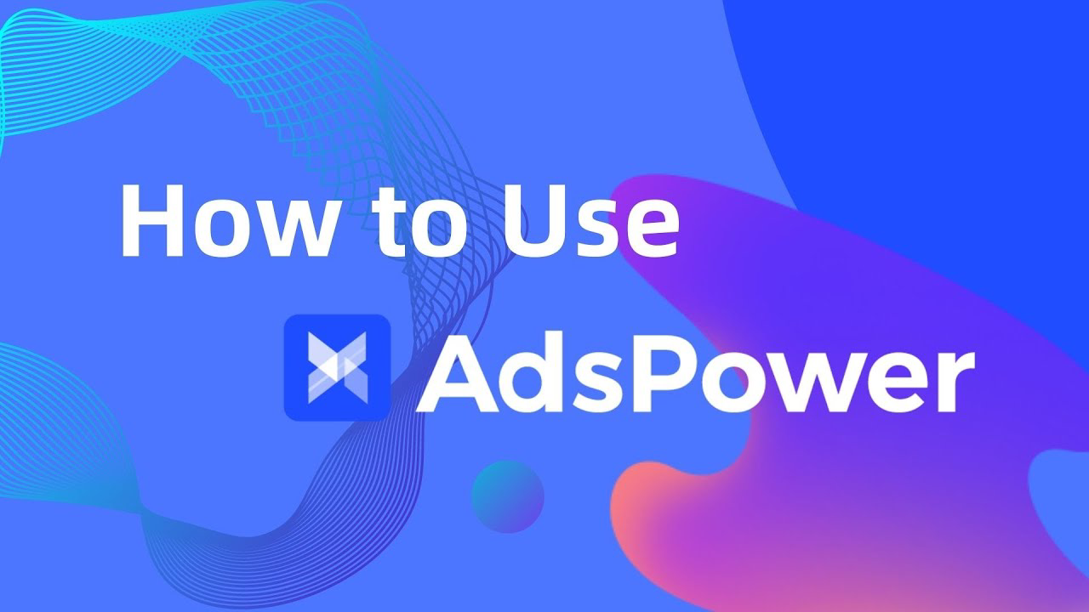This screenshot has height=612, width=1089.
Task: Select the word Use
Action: point(596,218)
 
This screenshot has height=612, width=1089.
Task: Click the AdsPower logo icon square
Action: point(337,367)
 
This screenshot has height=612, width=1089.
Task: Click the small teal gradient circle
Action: point(507,496)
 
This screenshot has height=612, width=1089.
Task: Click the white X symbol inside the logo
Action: point(337,367)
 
